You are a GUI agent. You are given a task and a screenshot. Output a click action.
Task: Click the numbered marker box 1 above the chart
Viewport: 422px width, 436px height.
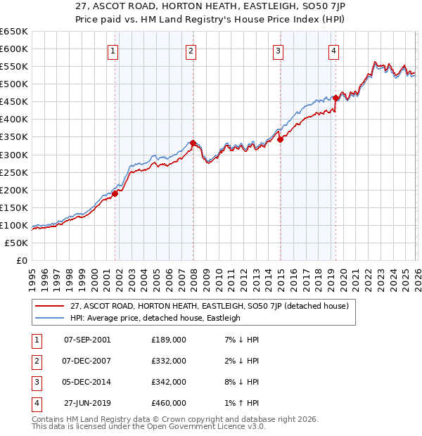pos(113,50)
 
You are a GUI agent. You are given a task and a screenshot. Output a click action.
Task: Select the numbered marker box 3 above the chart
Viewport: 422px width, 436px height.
pos(279,50)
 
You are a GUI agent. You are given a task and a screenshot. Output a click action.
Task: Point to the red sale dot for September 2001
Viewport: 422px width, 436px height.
pos(115,194)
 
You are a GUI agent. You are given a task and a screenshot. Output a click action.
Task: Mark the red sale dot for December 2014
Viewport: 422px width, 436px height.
pos(280,140)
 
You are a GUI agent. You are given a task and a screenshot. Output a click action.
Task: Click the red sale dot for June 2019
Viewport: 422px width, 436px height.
pos(336,98)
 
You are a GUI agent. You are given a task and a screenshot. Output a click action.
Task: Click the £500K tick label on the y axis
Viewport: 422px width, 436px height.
pos(14,84)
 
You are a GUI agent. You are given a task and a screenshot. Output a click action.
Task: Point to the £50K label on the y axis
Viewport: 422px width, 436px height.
pos(17,243)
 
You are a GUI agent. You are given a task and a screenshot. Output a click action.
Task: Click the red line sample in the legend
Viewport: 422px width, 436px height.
pos(49,306)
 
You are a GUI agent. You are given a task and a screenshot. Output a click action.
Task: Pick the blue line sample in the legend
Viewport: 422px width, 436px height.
pos(49,318)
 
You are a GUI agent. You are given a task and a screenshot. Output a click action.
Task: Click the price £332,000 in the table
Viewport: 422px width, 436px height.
pos(169,361)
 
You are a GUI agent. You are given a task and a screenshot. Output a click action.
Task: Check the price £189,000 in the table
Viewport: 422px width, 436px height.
pos(169,340)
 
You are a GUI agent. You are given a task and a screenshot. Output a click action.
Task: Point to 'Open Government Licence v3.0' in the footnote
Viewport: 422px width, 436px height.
pos(208,426)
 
